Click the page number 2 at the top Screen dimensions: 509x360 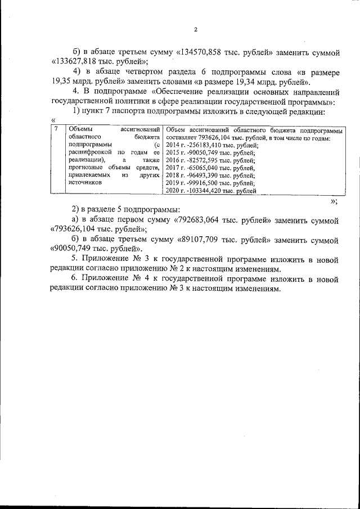[195, 30]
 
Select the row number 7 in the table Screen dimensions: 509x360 [55, 130]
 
